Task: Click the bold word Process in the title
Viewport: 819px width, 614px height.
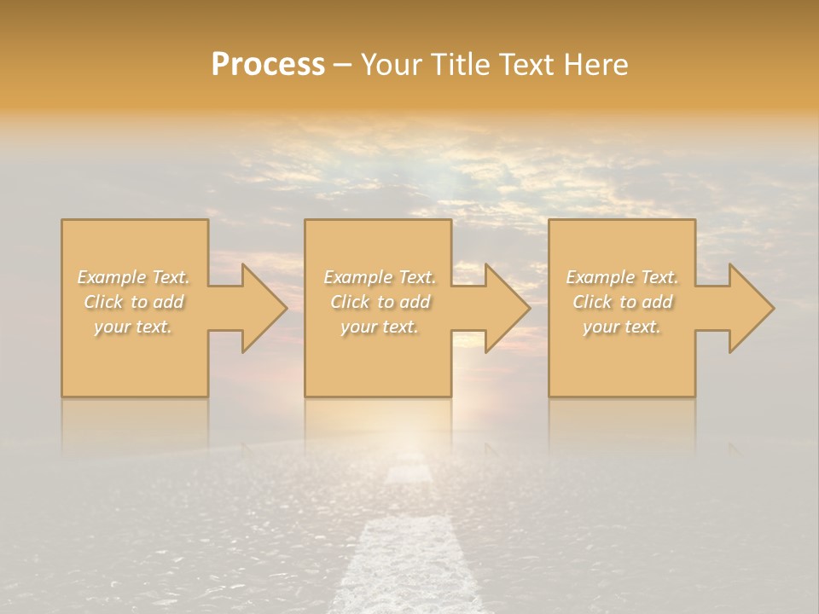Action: pyautogui.click(x=268, y=65)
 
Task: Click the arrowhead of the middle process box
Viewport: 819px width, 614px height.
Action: pyautogui.click(x=507, y=308)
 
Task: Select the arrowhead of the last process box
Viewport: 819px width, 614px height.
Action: pyautogui.click(x=751, y=308)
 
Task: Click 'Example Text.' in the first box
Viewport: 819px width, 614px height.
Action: pyautogui.click(x=133, y=277)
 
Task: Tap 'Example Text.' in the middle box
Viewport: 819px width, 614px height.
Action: pyautogui.click(x=380, y=277)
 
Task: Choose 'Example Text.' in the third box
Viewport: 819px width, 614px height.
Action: pyautogui.click(x=622, y=277)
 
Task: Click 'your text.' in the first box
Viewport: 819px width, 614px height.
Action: pyautogui.click(x=133, y=327)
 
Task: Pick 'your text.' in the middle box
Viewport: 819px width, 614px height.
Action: pyautogui.click(x=380, y=327)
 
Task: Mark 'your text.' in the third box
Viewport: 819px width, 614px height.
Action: pyautogui.click(x=622, y=327)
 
